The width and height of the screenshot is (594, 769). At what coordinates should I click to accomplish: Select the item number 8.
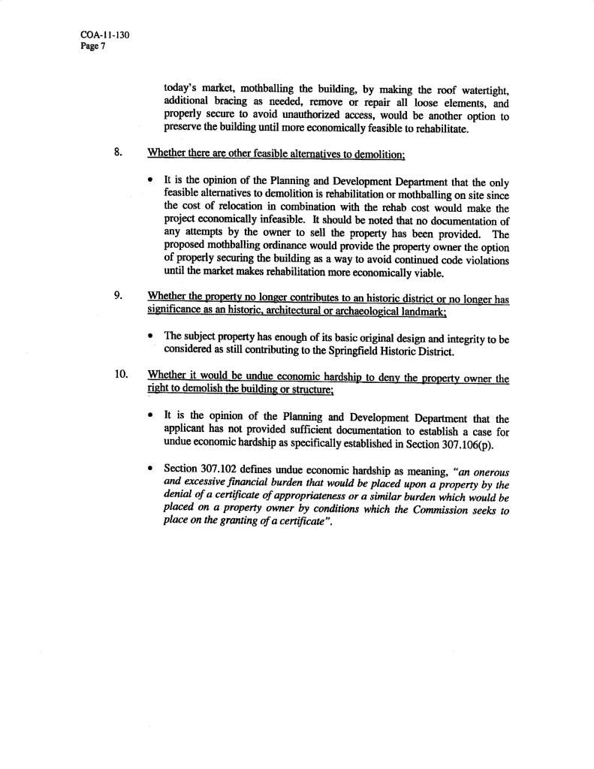coord(119,153)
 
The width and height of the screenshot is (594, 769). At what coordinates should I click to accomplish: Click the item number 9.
coord(119,295)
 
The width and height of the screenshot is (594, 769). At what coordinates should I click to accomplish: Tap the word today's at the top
coord(183,92)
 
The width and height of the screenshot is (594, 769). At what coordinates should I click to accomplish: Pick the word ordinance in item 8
coord(307,247)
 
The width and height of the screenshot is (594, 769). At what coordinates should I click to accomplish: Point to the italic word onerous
coord(490,472)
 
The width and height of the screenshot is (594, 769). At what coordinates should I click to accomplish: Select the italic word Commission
coord(409,511)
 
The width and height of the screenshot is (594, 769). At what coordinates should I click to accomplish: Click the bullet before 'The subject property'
coord(152,339)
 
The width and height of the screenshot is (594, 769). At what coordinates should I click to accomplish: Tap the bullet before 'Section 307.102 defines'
coord(152,471)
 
